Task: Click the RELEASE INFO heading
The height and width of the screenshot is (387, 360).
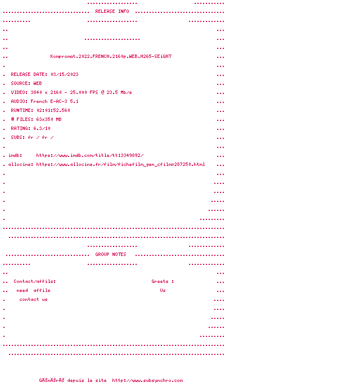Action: click(112, 11)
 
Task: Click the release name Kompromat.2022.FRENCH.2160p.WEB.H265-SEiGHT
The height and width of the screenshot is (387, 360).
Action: click(111, 56)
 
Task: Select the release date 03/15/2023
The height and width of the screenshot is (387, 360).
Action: click(65, 74)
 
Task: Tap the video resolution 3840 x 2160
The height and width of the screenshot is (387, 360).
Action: click(45, 92)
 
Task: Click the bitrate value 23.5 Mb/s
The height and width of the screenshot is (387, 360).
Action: click(119, 92)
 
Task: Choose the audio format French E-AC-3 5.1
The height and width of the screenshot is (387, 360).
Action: click(55, 101)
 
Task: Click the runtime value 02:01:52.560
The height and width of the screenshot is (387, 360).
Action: click(53, 110)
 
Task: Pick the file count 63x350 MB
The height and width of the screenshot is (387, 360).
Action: click(49, 119)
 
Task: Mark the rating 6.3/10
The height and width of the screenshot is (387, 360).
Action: click(42, 128)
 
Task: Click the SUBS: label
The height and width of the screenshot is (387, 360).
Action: click(18, 137)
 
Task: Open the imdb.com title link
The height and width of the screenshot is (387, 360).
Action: click(90, 155)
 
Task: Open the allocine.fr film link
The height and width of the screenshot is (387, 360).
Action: click(120, 164)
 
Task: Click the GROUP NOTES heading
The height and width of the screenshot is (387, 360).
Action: click(111, 254)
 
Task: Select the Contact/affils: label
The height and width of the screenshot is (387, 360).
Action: click(34, 281)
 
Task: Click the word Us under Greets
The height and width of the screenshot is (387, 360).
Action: click(163, 290)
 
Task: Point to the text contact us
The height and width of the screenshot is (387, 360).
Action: click(33, 299)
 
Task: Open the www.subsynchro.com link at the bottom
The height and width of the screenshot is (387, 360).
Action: click(147, 380)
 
